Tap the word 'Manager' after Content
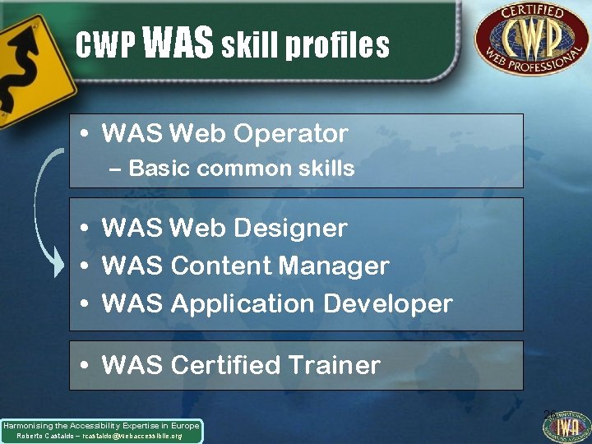[333, 266]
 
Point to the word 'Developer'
[388, 303]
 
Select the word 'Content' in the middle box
[221, 266]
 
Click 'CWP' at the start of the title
[104, 47]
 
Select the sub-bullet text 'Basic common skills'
[242, 169]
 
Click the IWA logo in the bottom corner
[567, 425]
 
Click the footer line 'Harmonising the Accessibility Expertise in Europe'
[101, 426]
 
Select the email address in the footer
[136, 436]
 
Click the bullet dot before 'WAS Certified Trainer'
[85, 366]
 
